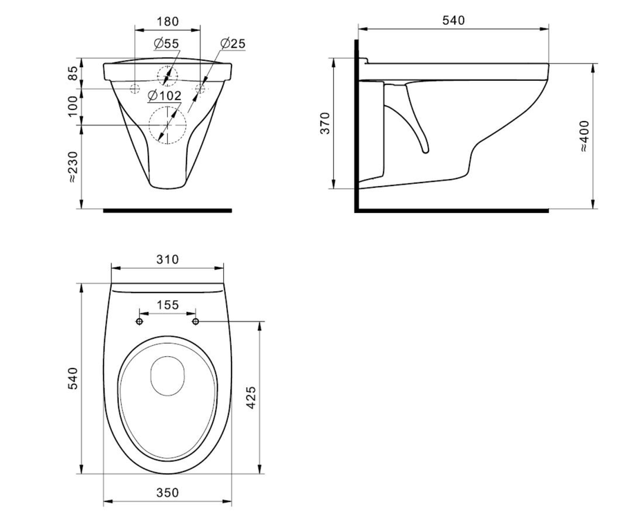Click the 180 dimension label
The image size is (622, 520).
click(168, 21)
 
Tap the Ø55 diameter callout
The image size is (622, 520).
click(167, 44)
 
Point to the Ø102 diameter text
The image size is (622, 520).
click(164, 95)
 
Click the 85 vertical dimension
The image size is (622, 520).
click(73, 73)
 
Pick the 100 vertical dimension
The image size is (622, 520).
click(73, 106)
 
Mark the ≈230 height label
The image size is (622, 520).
click(73, 167)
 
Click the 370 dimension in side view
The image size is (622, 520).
click(325, 123)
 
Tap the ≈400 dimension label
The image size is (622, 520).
click(584, 136)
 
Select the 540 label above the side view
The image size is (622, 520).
click(453, 20)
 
